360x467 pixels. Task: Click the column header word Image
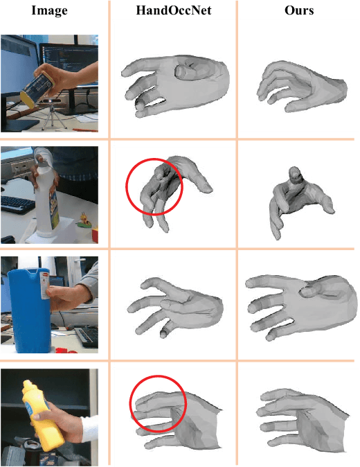(49, 10)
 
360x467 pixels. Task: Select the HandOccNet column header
(174, 10)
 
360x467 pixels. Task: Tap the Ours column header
(299, 10)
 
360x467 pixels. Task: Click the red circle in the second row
(154, 186)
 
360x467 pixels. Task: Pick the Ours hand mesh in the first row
(301, 87)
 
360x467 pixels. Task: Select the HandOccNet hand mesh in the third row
(175, 308)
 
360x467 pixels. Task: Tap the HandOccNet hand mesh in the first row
(176, 86)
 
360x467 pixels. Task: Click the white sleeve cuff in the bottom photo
(90, 428)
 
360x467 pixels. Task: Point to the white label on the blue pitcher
(45, 285)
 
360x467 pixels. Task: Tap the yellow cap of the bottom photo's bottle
(27, 386)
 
